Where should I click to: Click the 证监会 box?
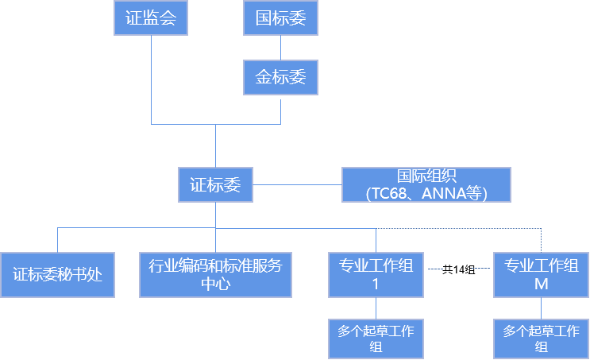point(151,18)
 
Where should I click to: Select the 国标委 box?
point(280,18)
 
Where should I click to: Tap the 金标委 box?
point(280,78)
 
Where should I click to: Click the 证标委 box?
point(215,185)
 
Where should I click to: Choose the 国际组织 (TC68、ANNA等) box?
point(426,184)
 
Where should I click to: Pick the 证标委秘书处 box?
point(57,275)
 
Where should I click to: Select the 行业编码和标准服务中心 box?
point(215,275)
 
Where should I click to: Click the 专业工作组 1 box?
point(376,275)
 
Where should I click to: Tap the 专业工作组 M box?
point(542,275)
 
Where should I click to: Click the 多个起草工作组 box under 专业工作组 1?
point(376,339)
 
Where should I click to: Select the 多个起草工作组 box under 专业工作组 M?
point(542,339)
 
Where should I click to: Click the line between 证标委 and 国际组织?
point(297,185)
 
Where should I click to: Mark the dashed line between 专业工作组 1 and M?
point(458,269)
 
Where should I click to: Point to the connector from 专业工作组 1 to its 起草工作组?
point(376,308)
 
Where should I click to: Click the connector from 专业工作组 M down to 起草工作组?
point(542,308)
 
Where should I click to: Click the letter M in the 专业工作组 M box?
point(542,284)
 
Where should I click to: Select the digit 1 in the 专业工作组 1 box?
point(376,284)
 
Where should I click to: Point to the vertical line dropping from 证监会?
point(151,79)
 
